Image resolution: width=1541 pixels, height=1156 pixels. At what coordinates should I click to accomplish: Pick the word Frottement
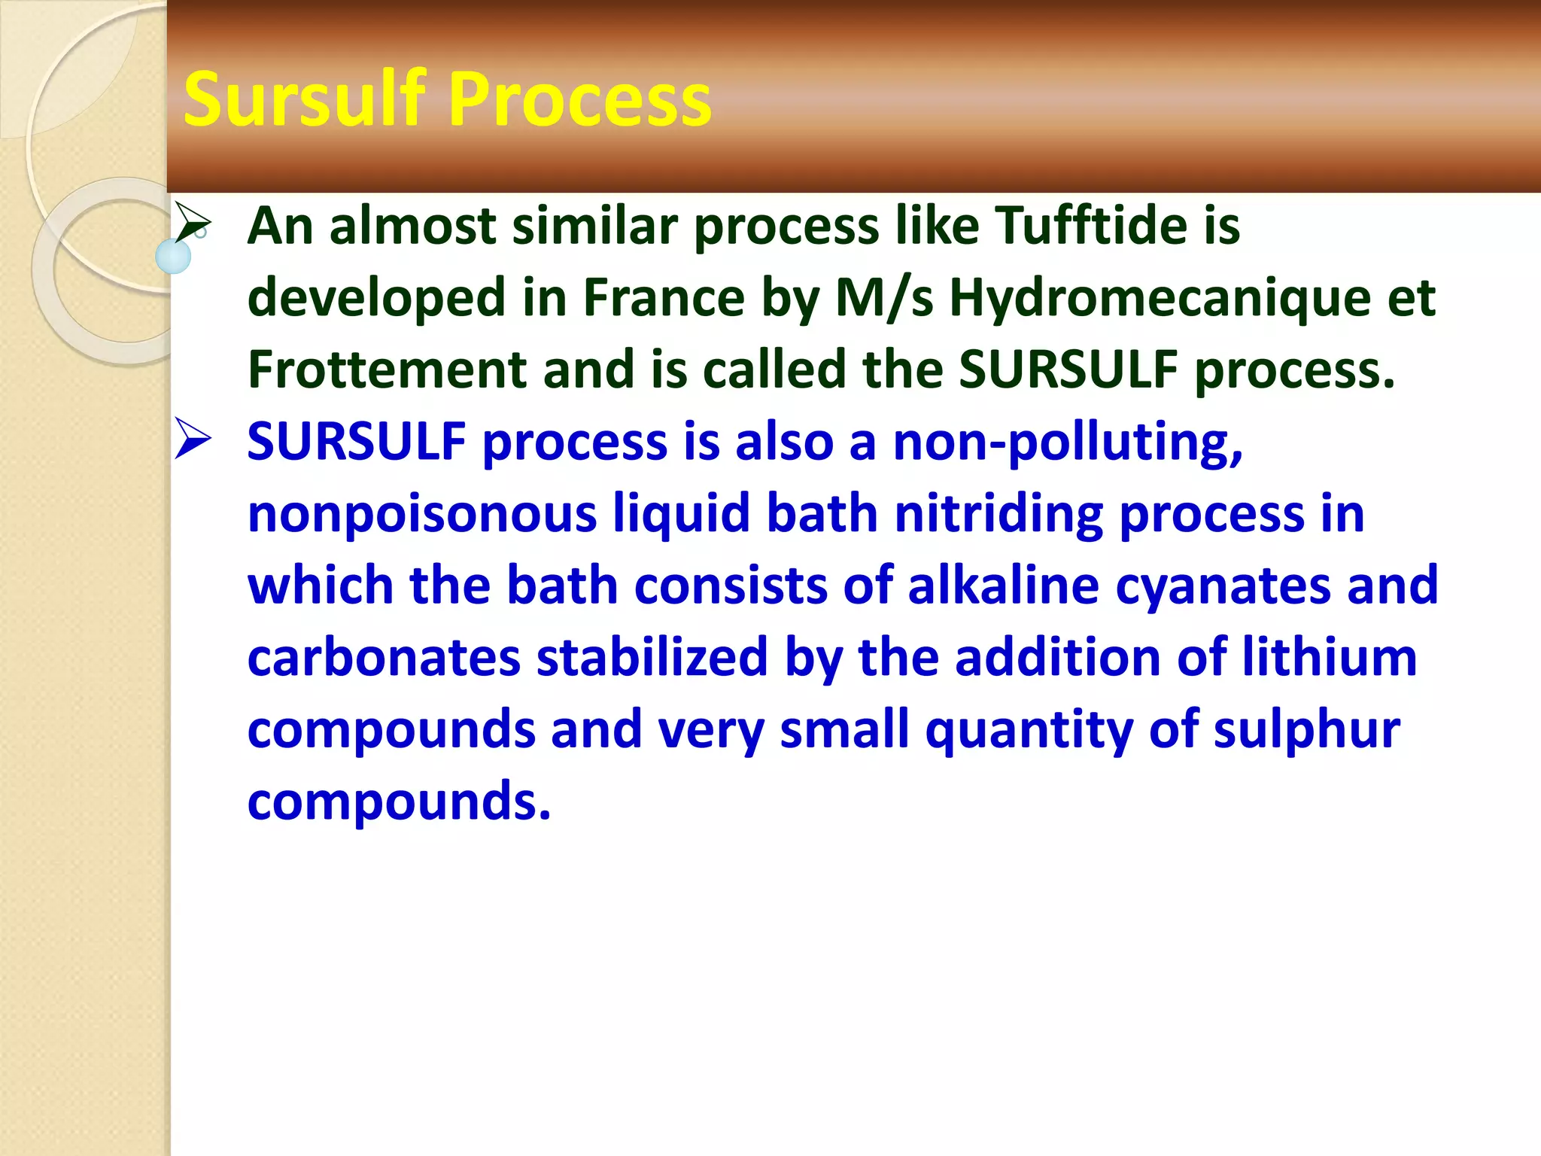(x=387, y=370)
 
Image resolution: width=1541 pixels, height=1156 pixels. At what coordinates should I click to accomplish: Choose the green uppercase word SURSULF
(x=1068, y=370)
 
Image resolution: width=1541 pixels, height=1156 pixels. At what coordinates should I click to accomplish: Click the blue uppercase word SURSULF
(x=356, y=442)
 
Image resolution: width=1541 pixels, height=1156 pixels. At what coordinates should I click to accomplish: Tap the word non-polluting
(x=1068, y=443)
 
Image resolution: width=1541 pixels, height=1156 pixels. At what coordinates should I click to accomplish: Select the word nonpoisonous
(x=422, y=515)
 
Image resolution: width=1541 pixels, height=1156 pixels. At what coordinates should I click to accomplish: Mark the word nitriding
(x=998, y=515)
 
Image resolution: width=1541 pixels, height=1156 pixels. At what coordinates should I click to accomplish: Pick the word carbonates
(x=384, y=658)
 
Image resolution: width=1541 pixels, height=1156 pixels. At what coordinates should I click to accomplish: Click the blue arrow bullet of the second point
(x=193, y=439)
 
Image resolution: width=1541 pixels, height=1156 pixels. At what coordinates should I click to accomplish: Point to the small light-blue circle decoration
(x=173, y=257)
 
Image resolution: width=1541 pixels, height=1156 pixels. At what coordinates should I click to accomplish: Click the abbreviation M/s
(x=884, y=297)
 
